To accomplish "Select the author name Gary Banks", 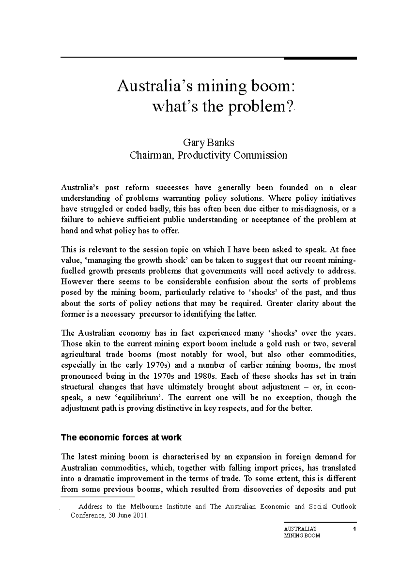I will [208, 143].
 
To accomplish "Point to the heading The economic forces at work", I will [121, 437].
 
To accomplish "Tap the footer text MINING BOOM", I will [302, 536].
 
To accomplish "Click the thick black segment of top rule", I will [320, 58].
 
